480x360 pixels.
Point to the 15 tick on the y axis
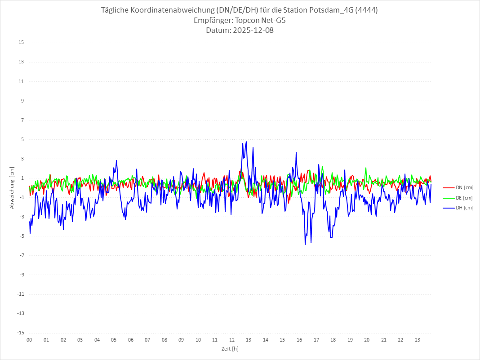[21, 43]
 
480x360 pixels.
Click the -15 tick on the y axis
[20, 333]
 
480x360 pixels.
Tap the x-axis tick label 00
[29, 340]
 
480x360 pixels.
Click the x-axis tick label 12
[232, 340]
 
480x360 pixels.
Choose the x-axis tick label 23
[418, 340]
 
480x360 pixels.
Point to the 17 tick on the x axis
[316, 340]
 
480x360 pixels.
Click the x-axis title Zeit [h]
[230, 348]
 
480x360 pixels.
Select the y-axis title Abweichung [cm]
[12, 187]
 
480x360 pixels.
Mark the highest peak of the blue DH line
[246, 142]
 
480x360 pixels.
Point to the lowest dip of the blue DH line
[305, 244]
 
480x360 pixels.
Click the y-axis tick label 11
[21, 81]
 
